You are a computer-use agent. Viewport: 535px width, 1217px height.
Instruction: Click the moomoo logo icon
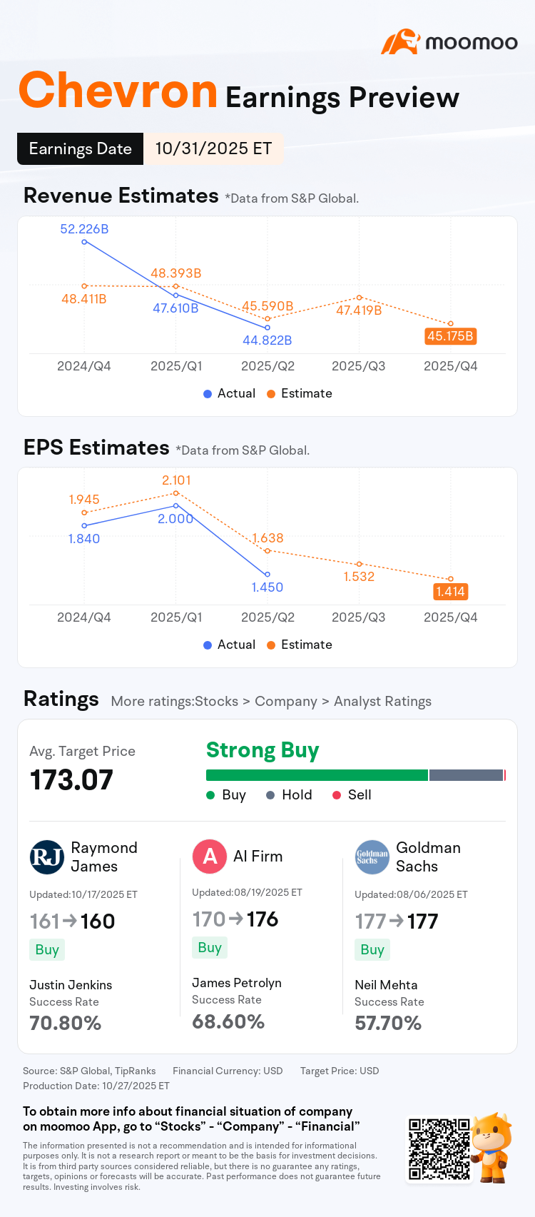pos(399,42)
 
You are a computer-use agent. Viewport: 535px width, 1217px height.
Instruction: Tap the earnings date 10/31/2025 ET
pos(213,148)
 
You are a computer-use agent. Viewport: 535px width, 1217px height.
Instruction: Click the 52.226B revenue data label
pos(84,229)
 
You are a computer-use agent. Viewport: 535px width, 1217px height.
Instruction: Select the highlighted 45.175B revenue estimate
pos(450,335)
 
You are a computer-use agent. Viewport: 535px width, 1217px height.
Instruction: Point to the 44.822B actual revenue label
pos(267,340)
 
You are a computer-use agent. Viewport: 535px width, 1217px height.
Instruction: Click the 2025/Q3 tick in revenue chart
pos(359,366)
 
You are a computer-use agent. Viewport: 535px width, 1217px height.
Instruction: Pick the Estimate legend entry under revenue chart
pos(300,393)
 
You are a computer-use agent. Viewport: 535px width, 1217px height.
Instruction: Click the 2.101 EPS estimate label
pos(176,480)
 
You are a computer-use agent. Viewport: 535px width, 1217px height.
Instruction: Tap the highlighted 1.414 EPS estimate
pos(450,591)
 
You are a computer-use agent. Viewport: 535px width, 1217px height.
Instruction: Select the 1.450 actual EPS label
pos(267,587)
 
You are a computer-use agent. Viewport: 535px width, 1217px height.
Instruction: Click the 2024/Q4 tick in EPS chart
pos(84,617)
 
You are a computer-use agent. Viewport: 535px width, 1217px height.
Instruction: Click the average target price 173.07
pos(71,780)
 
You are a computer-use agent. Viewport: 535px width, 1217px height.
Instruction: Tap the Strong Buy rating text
pos(263,750)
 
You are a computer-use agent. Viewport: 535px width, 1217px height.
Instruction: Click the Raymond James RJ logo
pos(47,857)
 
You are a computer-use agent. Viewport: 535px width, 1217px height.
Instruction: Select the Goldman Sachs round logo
pos(372,857)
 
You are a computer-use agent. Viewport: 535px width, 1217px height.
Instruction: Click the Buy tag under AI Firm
pos(210,948)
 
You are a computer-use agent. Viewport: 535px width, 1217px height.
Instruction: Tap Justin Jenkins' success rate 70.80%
pos(66,1024)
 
